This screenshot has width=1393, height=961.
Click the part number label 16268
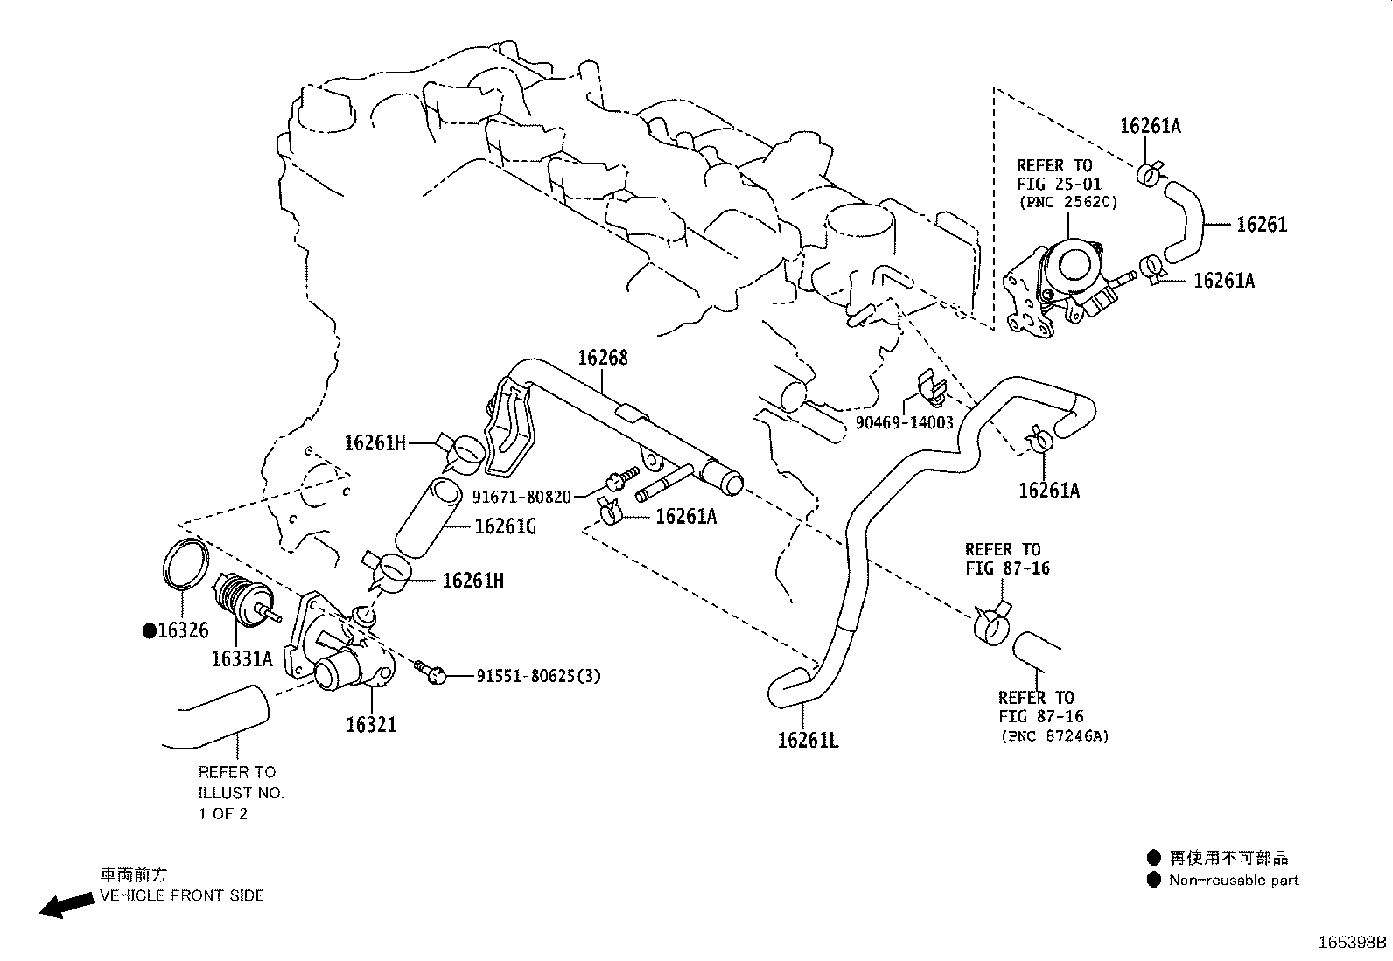click(x=603, y=358)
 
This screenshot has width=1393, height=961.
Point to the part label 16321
click(x=371, y=724)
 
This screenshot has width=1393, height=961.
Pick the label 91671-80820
click(x=521, y=497)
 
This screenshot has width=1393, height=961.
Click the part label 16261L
click(x=808, y=741)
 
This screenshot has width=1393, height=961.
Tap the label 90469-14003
click(x=904, y=422)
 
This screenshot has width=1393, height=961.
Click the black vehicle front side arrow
click(x=66, y=905)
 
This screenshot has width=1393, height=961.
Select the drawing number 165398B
click(x=1353, y=943)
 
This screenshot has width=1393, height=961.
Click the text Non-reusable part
click(x=1234, y=881)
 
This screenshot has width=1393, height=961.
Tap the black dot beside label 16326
click(x=150, y=631)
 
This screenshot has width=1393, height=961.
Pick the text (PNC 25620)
click(x=1067, y=202)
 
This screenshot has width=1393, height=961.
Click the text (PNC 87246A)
click(x=1054, y=736)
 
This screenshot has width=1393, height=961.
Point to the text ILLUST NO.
click(x=241, y=793)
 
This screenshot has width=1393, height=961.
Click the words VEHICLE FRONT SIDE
click(x=182, y=895)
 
